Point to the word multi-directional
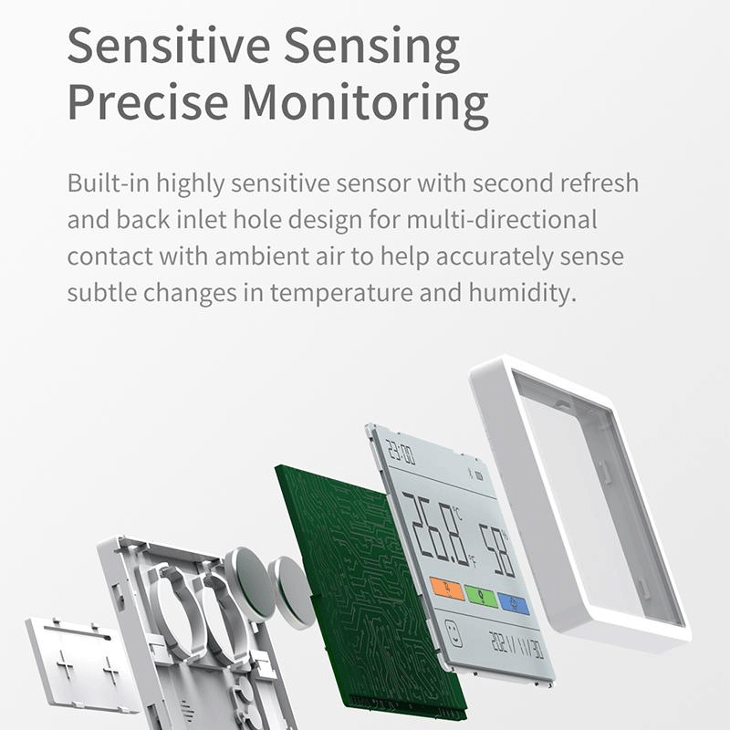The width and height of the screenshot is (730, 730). tap(502, 219)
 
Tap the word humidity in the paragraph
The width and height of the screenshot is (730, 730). tap(522, 292)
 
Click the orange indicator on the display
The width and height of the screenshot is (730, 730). tap(447, 589)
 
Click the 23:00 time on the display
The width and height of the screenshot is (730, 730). tap(401, 452)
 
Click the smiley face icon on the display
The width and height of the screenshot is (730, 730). tap(454, 633)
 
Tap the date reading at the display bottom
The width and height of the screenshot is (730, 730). tap(516, 645)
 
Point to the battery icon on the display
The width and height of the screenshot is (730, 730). tap(479, 475)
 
